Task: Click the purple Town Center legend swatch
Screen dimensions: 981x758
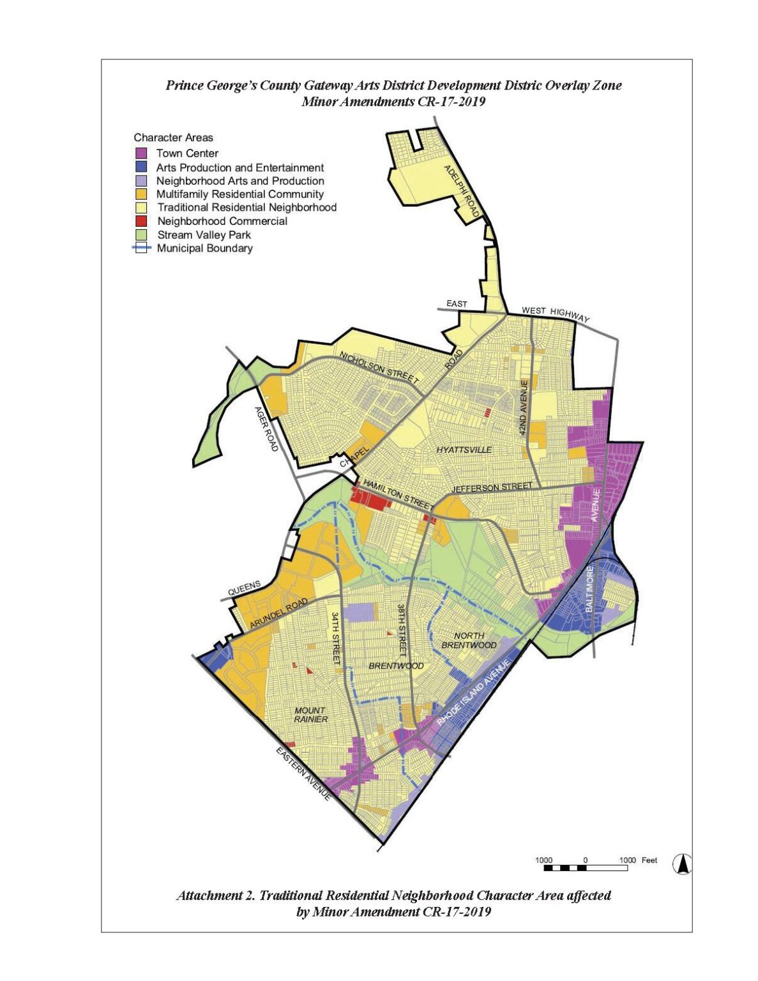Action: pos(141,153)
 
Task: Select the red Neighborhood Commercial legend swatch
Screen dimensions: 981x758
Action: pos(141,221)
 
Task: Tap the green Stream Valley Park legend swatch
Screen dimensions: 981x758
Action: pos(141,235)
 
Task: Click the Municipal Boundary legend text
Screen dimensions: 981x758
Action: pos(204,248)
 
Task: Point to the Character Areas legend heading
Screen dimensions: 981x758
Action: pos(173,137)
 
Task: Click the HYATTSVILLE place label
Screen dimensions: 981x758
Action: pos(464,450)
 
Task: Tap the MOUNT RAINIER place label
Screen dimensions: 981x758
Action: pos(311,715)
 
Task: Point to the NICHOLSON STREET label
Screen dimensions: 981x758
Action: pos(379,369)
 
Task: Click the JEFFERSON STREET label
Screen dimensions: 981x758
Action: pos(492,488)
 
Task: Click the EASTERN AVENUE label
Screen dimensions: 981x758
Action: pos(304,773)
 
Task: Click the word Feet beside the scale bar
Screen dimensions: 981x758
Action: pos(649,860)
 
